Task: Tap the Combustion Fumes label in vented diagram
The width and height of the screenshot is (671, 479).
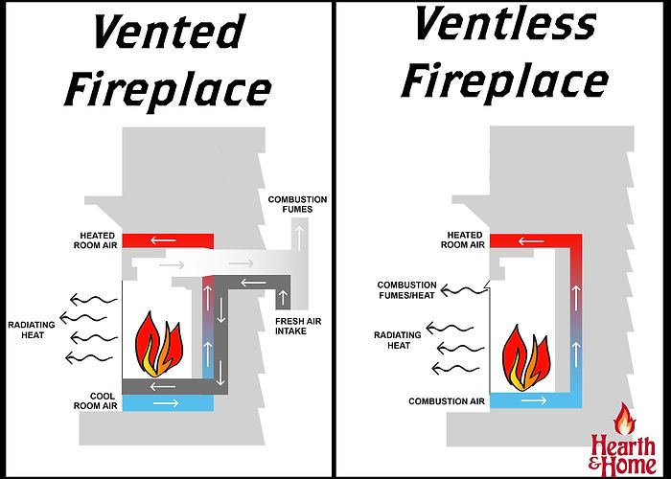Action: point(297,204)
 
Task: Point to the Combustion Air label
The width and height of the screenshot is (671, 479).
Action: point(448,400)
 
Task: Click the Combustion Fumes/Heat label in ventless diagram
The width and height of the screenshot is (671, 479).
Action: point(406,289)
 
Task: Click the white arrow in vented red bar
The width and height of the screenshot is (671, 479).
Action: point(167,239)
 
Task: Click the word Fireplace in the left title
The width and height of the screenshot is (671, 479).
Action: point(168,89)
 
